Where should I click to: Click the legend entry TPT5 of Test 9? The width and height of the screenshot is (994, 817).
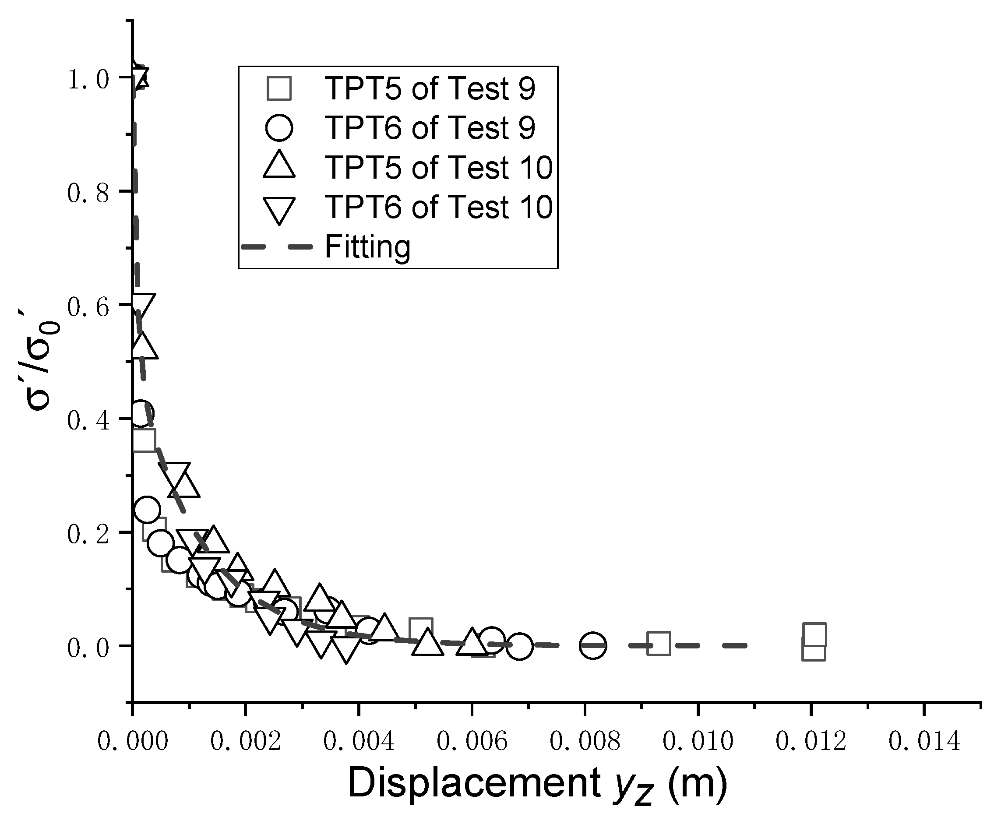coord(430,88)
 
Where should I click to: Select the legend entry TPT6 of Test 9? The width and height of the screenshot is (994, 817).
coord(430,127)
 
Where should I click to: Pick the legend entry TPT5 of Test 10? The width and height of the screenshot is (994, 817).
coord(438,167)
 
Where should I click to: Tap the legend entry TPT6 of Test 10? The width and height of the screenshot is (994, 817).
coord(438,207)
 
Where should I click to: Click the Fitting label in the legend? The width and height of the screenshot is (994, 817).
coord(367,247)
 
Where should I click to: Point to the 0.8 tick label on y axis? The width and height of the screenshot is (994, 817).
coord(88,193)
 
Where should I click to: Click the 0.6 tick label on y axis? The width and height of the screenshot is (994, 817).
coord(88,307)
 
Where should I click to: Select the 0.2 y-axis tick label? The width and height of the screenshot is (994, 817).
coord(88,534)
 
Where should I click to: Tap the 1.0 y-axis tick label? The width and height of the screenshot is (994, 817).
coord(88,79)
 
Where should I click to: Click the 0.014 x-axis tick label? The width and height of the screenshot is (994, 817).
coord(924,742)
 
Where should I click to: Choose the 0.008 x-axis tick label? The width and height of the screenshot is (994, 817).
coord(585,742)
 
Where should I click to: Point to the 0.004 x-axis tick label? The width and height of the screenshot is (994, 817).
coord(359,742)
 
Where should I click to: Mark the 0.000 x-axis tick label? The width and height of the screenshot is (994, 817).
coord(132,742)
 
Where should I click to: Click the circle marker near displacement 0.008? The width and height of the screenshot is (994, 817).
coord(593,645)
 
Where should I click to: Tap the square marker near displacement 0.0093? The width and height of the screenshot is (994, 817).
coord(659,643)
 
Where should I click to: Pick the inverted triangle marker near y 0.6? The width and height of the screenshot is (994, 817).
coord(142,306)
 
